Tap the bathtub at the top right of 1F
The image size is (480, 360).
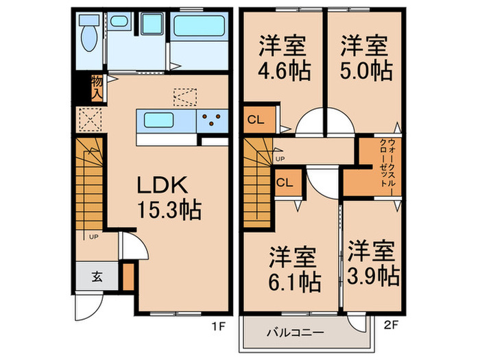tap(199, 27)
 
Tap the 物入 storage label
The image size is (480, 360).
tap(96, 88)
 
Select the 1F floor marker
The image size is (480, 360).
tap(217, 327)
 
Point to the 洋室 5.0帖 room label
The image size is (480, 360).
tap(365, 58)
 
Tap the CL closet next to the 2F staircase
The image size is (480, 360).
tap(285, 182)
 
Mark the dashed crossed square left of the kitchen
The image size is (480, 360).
tap(86, 121)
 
